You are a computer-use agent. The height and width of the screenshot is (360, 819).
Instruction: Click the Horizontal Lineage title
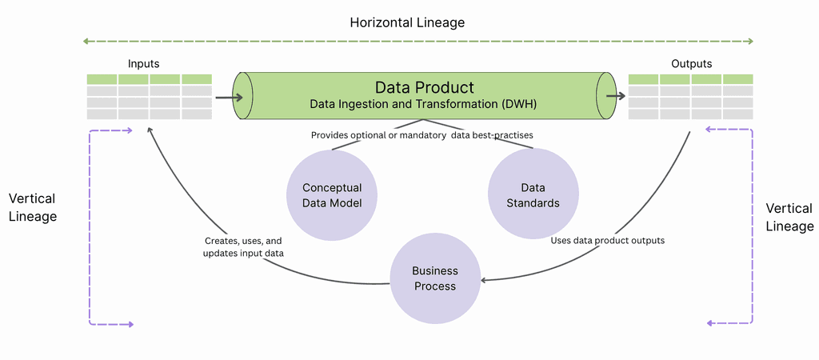pos(407,22)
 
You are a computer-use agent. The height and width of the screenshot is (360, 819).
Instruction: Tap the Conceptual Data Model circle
pos(332,195)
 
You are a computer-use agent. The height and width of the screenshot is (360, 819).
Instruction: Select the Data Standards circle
pos(533,195)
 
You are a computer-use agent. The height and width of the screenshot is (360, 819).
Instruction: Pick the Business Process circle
pos(435,278)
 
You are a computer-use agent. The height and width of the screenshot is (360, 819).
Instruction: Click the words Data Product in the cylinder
pos(425,86)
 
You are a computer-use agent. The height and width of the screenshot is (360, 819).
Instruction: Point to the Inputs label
pos(144,64)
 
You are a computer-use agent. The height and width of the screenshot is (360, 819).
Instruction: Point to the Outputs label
pos(692,64)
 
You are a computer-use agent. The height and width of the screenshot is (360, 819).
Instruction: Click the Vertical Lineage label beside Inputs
pos(33,207)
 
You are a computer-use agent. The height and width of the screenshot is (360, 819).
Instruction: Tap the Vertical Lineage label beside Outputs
pos(789,217)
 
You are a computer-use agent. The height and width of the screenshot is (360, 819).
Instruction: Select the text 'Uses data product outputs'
pos(608,241)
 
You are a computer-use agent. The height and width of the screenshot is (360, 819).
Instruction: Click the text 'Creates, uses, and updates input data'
pos(246,246)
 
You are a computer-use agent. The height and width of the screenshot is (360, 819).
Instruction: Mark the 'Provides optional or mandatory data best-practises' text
pos(422,135)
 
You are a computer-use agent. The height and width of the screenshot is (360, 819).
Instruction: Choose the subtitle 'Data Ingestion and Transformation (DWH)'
pos(424,104)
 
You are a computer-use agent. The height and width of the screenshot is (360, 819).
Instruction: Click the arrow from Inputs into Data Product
pos(230,97)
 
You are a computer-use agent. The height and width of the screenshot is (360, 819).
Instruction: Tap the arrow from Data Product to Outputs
pos(615,96)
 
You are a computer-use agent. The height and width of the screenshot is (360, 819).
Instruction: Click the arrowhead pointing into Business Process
pos(484,281)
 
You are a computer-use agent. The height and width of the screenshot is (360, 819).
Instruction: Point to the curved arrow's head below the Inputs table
pos(150,130)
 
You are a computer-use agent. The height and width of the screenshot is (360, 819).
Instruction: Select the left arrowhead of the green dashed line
pos(86,42)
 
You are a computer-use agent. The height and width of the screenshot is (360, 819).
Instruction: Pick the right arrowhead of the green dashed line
pos(750,42)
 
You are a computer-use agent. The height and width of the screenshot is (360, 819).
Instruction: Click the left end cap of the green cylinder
pos(243,96)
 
